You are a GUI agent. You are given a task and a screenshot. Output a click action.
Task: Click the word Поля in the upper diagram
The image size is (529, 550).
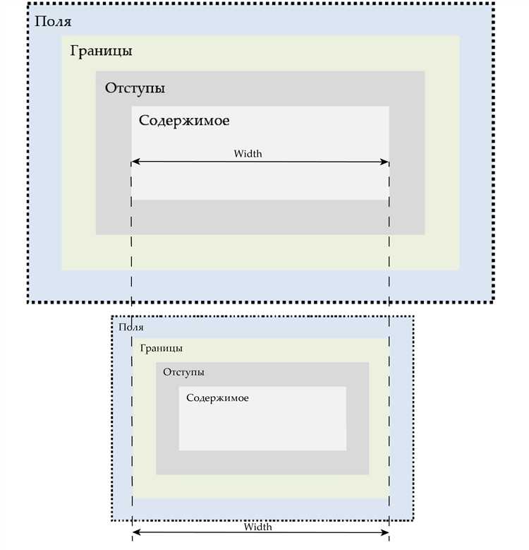[53, 21]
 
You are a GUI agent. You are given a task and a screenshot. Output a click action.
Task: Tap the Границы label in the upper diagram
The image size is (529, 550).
[101, 52]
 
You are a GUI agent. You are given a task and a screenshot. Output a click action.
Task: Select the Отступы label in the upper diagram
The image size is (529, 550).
[135, 89]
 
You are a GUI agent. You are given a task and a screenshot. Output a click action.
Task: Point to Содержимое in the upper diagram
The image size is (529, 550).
[184, 121]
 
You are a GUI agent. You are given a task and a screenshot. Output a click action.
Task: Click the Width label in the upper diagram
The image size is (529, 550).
[248, 153]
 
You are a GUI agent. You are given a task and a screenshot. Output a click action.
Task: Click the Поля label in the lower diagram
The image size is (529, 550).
[131, 327]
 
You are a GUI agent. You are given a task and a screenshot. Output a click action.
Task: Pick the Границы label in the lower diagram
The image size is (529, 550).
[162, 349]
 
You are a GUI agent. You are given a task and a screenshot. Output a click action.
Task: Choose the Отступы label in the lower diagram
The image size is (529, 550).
[183, 372]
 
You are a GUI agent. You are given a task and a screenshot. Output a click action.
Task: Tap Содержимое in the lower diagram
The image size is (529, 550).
[217, 398]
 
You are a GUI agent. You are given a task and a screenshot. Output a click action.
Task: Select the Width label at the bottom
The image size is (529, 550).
[257, 527]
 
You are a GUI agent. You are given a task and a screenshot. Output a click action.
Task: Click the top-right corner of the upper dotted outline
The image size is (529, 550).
[492, 4]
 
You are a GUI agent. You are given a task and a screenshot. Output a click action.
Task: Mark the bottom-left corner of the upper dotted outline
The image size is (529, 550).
[29, 301]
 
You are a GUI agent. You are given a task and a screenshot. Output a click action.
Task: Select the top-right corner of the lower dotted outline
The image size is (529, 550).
[413, 316]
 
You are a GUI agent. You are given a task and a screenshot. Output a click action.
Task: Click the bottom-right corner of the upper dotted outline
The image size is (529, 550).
[492, 301]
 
